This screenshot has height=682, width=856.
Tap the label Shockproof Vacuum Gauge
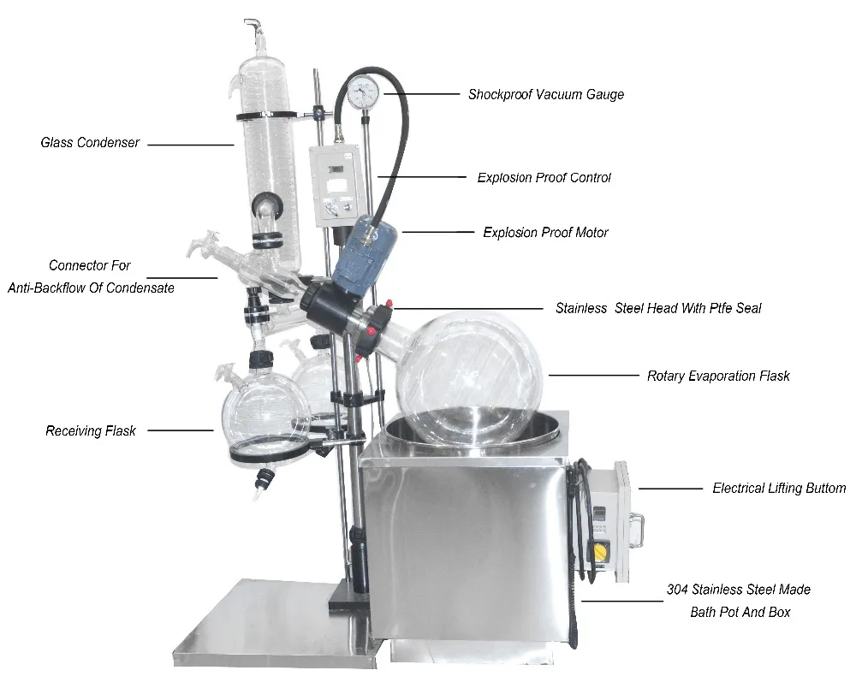[x=545, y=95]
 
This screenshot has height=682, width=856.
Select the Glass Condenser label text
[x=90, y=143]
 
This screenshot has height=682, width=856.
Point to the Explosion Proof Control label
[x=544, y=178]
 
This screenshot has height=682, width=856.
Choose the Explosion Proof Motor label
[x=545, y=232]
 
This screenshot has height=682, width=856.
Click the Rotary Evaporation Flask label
[x=718, y=376]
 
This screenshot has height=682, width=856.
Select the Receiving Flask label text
[x=91, y=431]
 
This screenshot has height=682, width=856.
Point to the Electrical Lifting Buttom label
[x=779, y=489]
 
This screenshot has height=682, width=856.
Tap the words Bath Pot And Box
[x=740, y=612]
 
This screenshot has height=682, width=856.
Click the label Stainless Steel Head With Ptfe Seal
[x=657, y=308]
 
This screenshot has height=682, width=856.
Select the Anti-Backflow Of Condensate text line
[x=91, y=288]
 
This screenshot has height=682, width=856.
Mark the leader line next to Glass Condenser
[x=190, y=145]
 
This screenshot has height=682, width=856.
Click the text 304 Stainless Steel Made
[x=738, y=590]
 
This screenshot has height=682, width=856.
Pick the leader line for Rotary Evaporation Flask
[x=592, y=375]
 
